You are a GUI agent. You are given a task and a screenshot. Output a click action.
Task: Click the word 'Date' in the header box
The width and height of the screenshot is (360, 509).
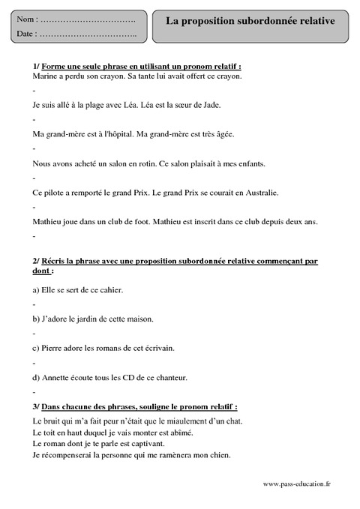point(25,34)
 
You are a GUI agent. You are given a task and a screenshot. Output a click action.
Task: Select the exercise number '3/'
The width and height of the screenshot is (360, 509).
point(37,406)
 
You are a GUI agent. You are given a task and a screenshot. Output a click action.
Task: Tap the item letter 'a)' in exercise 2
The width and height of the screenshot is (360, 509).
point(37,289)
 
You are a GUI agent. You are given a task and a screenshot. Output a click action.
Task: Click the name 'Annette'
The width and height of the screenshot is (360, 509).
point(56,377)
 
